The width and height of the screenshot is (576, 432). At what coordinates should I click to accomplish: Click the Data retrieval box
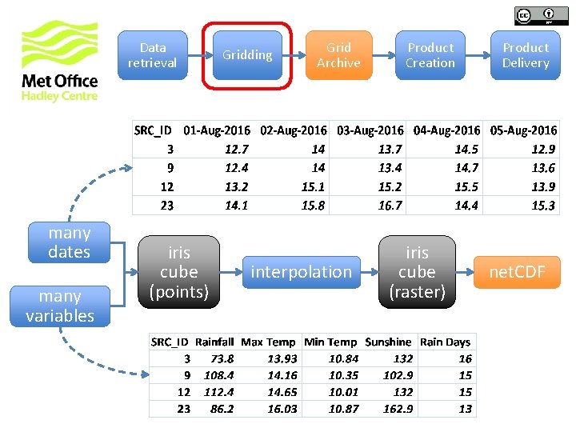point(153,55)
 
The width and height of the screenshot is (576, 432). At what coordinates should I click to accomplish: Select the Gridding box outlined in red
point(247,55)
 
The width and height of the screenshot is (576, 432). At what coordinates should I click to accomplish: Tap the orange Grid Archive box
point(338,55)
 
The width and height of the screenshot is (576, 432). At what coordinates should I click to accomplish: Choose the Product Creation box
point(430,55)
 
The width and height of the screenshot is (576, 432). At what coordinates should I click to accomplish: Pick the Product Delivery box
point(526,55)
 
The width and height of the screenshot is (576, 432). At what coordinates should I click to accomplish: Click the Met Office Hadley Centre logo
point(59,62)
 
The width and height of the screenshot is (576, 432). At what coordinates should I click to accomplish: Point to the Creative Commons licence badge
point(541,15)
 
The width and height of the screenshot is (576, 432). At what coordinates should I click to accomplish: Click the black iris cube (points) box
point(179,272)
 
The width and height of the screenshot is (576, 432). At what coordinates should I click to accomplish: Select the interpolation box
point(302,272)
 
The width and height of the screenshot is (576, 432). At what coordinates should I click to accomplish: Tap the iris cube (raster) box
point(417,272)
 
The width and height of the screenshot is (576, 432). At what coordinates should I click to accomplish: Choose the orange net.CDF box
point(518,272)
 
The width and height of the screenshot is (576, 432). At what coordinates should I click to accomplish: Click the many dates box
point(70,242)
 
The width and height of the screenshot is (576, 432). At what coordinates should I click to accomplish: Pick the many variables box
point(60,306)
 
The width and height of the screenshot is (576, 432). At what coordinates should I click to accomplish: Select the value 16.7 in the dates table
point(390,206)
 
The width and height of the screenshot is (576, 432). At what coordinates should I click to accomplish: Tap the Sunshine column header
point(388,342)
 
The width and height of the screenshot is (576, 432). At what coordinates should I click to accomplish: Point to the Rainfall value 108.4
point(218,375)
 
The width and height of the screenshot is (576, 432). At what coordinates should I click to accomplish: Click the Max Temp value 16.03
point(282,409)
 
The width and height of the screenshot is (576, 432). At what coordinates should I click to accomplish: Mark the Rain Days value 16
point(465,358)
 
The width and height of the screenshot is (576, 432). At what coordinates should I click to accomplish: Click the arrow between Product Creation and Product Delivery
point(478,55)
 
